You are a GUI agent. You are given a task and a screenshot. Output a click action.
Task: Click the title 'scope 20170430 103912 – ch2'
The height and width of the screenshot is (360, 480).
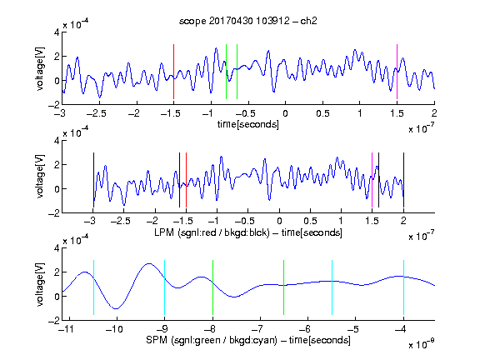(248, 21)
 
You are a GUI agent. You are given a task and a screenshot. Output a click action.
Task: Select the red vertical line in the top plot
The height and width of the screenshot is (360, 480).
(173, 72)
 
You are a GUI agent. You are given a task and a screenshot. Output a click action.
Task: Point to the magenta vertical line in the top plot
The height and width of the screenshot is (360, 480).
(397, 72)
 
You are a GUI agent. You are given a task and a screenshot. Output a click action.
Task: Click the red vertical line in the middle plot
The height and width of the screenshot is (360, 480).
(186, 180)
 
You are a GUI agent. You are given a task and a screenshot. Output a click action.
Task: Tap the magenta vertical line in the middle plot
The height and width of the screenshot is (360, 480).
(372, 180)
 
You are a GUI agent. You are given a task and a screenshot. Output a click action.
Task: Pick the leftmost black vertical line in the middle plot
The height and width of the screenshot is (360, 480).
(93, 180)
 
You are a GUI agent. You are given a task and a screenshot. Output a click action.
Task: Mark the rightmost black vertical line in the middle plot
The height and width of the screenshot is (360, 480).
(403, 180)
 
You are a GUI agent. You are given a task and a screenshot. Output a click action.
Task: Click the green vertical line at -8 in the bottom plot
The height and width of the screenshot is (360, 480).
(212, 287)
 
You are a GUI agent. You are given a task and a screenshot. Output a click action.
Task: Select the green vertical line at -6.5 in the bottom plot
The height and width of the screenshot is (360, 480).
(284, 287)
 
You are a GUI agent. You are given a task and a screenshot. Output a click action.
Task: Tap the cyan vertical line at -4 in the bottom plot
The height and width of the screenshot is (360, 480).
(403, 287)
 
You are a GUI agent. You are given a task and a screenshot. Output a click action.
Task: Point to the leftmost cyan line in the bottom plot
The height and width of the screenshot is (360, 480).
(93, 287)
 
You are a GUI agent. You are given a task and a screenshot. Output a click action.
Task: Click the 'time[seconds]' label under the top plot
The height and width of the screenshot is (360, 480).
(248, 124)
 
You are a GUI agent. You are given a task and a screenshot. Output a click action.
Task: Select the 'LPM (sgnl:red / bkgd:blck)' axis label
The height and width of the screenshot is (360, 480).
(212, 232)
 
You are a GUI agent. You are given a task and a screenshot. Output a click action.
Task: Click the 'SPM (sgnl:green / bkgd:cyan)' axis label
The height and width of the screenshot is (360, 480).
(212, 340)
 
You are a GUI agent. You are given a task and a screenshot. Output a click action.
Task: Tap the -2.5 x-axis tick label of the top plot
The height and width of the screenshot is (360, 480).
(96, 113)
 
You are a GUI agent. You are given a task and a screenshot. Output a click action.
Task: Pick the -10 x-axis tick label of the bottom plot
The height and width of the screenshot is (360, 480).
(114, 329)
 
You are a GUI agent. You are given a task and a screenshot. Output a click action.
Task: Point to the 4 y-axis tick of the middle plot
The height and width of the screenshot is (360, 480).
(57, 141)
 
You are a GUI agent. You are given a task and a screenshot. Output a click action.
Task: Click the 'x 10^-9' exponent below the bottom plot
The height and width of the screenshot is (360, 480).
(421, 344)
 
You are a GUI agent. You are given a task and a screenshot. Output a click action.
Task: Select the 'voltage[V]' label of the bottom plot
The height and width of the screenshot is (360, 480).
(40, 284)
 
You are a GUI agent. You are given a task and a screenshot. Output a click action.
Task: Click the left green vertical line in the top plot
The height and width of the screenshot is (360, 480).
(226, 72)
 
